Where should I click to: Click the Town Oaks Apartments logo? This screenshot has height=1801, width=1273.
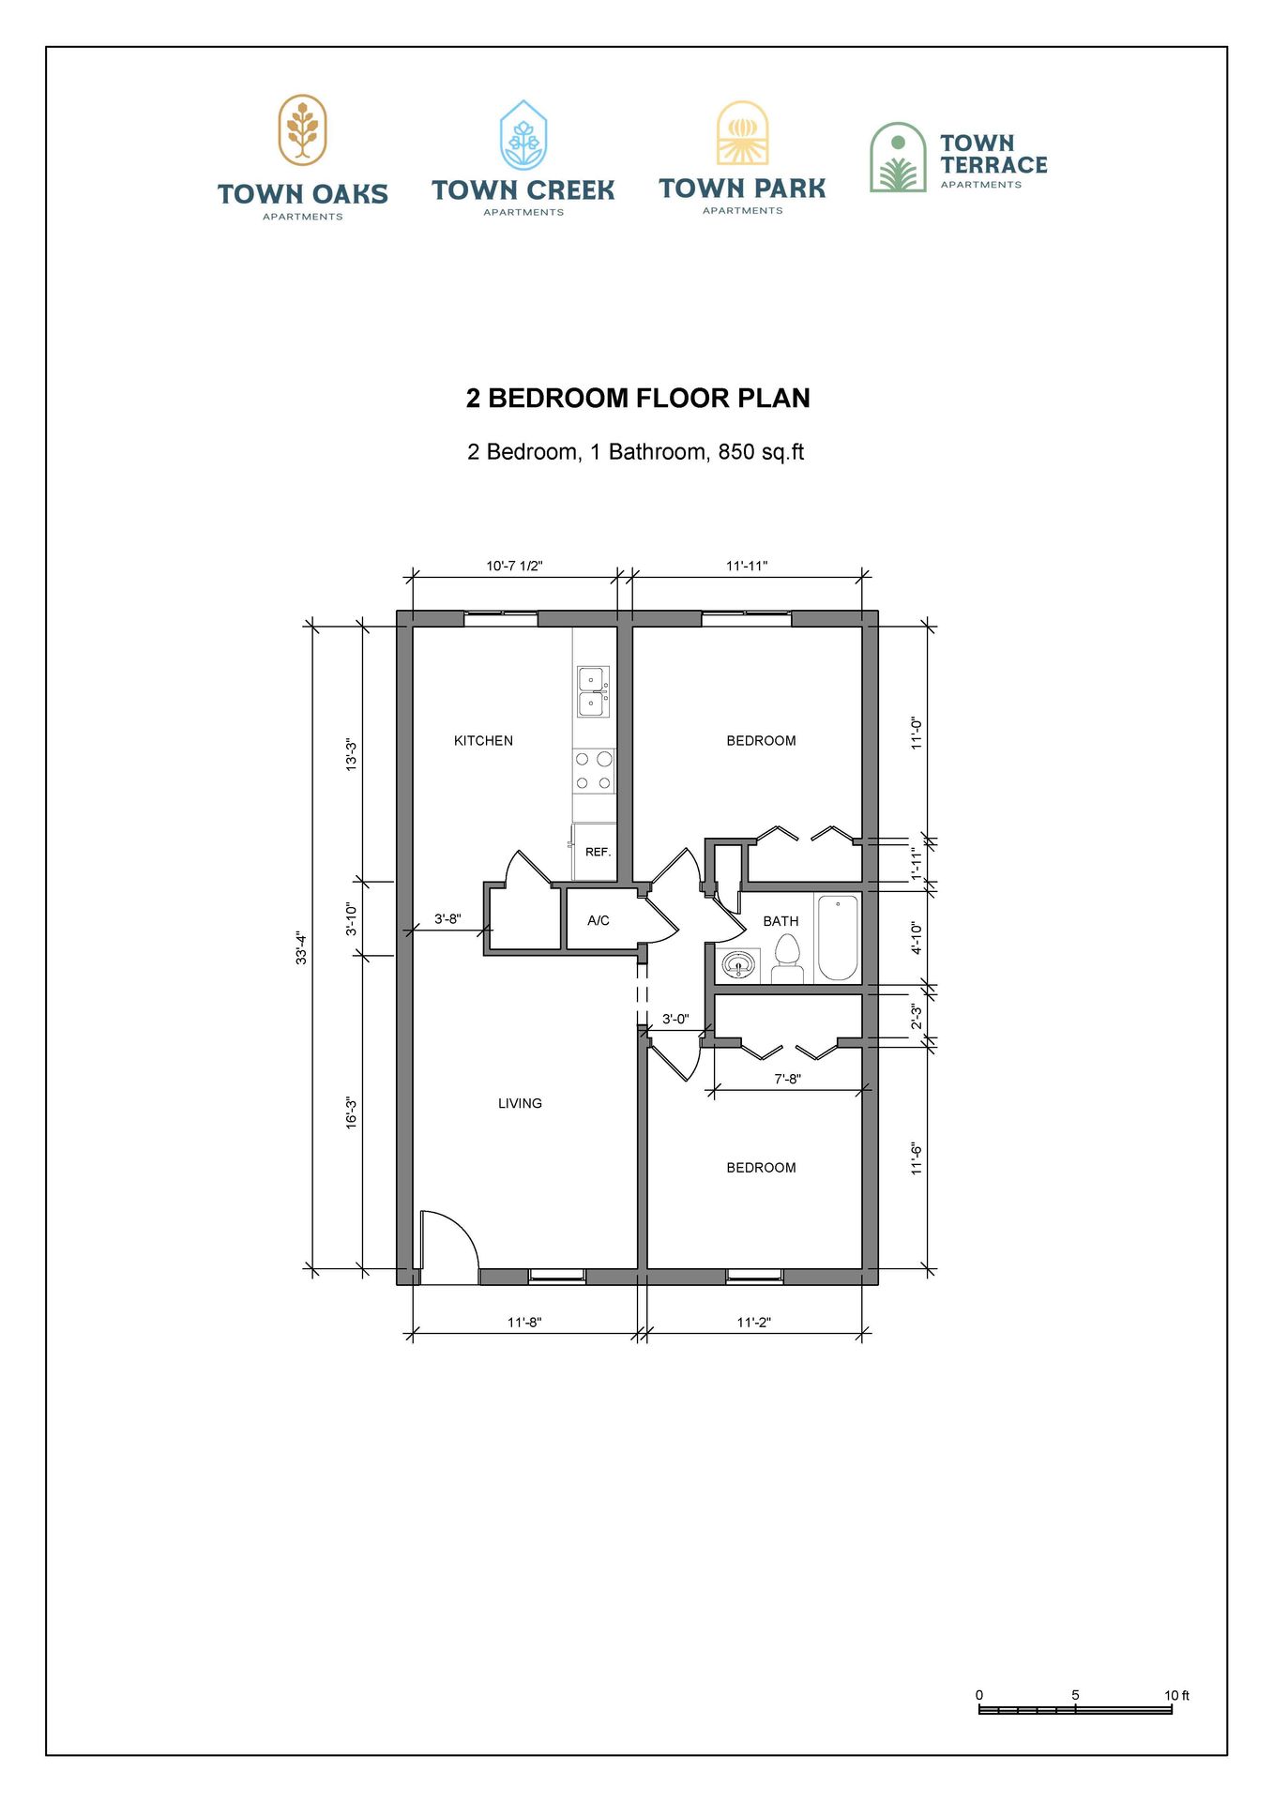click(302, 158)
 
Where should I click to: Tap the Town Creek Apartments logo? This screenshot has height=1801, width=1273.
click(523, 159)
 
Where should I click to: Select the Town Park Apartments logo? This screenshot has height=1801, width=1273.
click(742, 158)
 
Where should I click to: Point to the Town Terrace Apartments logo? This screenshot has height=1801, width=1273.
click(958, 158)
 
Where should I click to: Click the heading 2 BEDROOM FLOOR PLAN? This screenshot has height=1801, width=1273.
click(638, 398)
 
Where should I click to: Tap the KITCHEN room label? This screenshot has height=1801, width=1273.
click(483, 741)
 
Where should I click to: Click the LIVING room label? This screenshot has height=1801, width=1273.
click(520, 1103)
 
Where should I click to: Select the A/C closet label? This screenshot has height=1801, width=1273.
click(599, 920)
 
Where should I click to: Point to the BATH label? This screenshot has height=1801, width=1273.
click(780, 921)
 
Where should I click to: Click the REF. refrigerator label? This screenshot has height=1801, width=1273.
click(598, 852)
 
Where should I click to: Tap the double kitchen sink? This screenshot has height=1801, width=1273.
click(593, 691)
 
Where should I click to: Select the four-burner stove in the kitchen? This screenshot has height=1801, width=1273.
click(594, 770)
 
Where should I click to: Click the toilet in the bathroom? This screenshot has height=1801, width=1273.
click(787, 959)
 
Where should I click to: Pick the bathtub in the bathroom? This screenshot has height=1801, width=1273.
click(838, 938)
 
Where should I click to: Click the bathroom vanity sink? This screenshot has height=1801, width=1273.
click(739, 964)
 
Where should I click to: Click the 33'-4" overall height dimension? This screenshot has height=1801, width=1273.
click(301, 947)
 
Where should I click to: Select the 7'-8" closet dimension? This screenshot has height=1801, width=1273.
click(787, 1079)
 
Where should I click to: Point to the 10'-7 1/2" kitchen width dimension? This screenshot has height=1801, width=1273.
click(514, 566)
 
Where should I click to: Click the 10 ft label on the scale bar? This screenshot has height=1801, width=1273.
click(1176, 1695)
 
